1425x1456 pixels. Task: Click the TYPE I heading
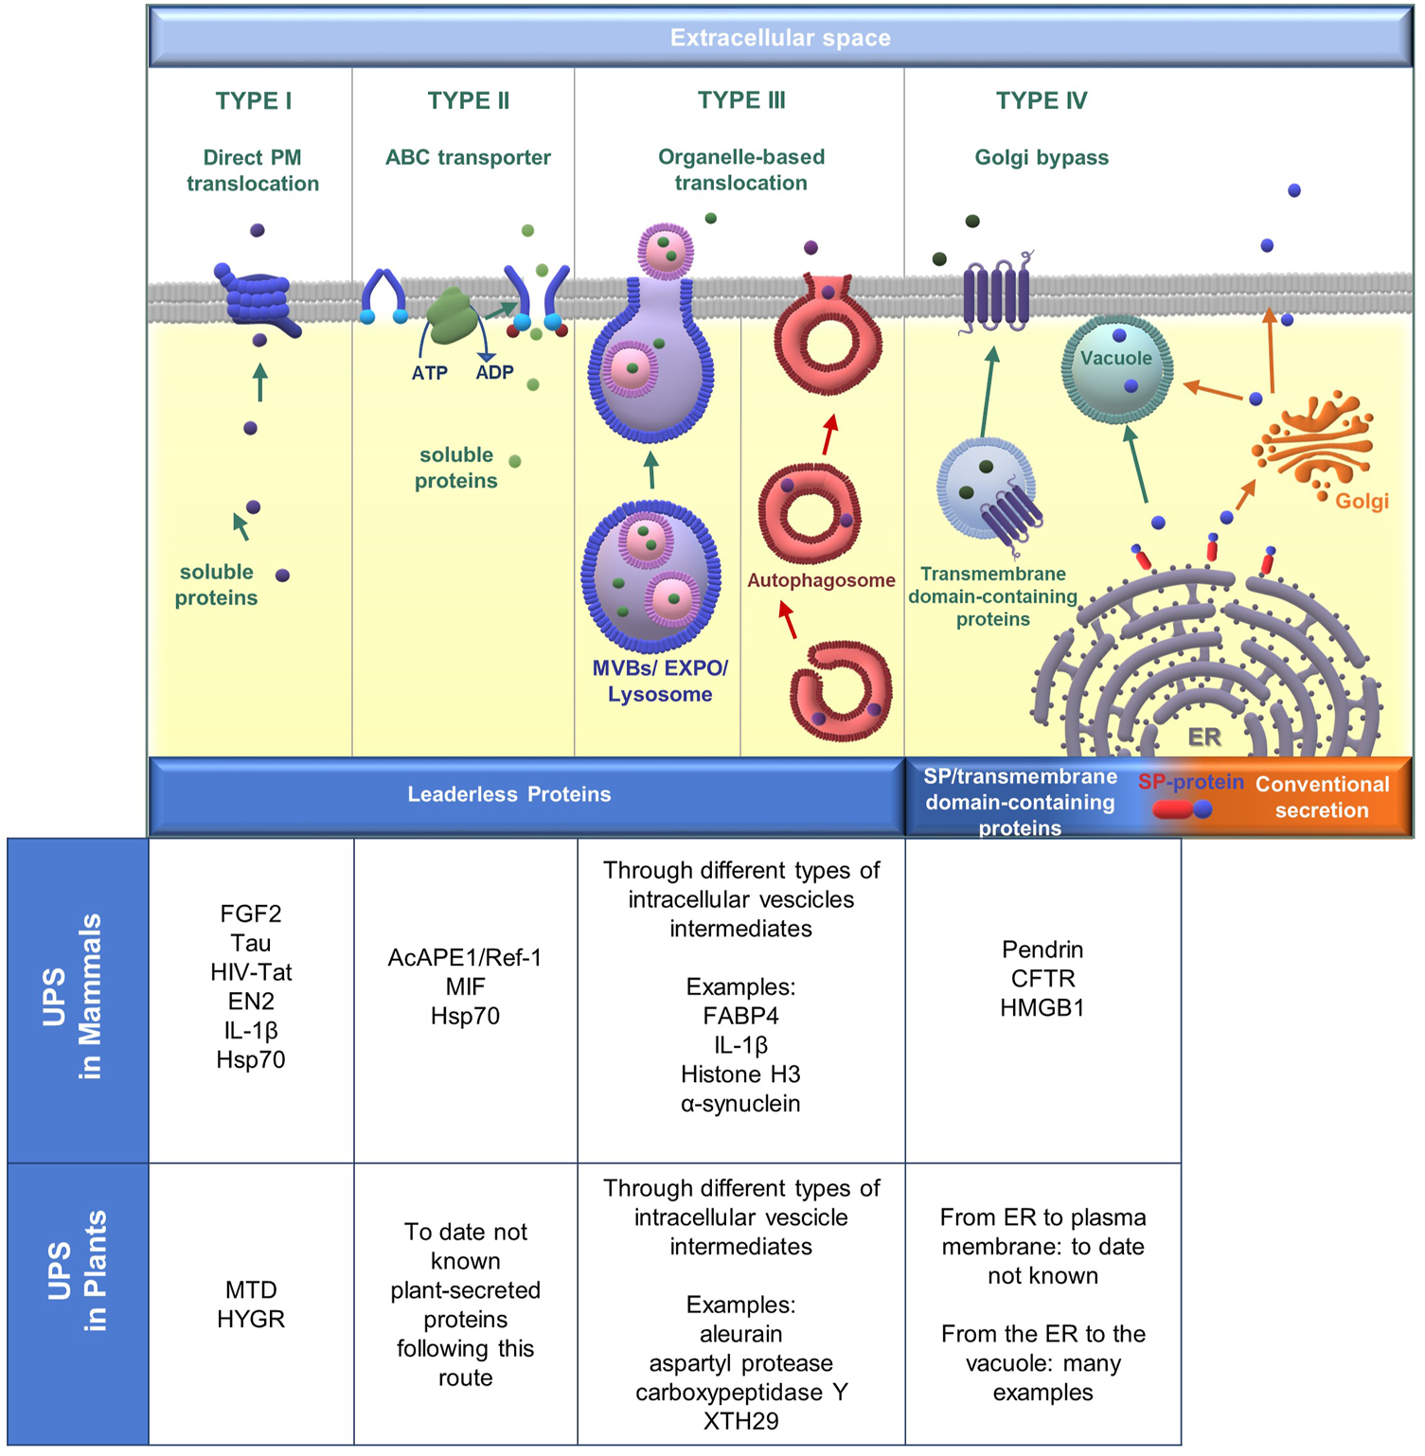point(253,101)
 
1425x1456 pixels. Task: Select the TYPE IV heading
point(1041,101)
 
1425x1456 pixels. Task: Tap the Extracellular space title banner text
point(779,39)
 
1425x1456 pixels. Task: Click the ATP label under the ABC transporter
point(429,373)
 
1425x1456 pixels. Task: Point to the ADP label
point(494,373)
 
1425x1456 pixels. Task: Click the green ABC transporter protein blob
point(453,315)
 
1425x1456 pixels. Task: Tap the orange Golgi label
point(1362,502)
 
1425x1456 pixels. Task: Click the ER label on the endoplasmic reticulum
point(1203,737)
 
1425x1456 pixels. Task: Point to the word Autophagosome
point(820,580)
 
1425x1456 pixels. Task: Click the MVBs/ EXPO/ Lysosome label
point(660,681)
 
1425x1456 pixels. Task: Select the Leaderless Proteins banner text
point(509,794)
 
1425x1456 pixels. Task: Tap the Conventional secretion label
point(1322,797)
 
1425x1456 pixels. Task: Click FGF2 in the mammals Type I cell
point(251,914)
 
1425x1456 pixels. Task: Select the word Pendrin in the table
point(1042,950)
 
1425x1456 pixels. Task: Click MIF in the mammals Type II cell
point(465,986)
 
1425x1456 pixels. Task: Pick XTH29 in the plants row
point(740,1421)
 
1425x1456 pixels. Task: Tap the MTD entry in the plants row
point(251,1289)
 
